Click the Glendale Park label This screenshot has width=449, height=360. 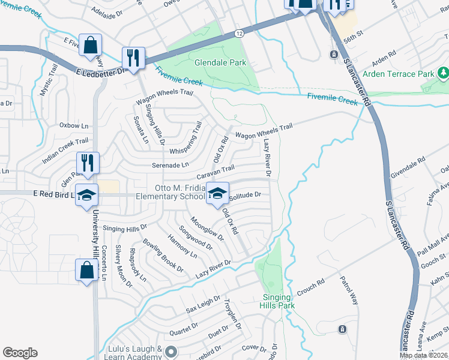[220, 62]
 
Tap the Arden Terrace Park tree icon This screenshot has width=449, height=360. [444, 73]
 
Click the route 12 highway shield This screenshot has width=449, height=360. [239, 34]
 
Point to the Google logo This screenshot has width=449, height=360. [20, 353]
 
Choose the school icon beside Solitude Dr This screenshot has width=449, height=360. [217, 193]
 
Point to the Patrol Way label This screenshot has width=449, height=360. [349, 290]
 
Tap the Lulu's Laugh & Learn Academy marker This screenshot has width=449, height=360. [170, 352]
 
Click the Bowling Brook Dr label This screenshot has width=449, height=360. [163, 255]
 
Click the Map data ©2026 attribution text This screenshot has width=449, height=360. [423, 355]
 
